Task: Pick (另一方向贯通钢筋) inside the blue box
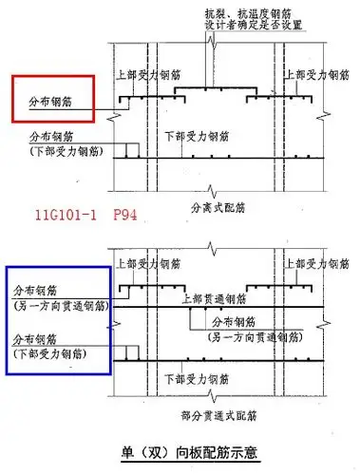coord(59,305)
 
